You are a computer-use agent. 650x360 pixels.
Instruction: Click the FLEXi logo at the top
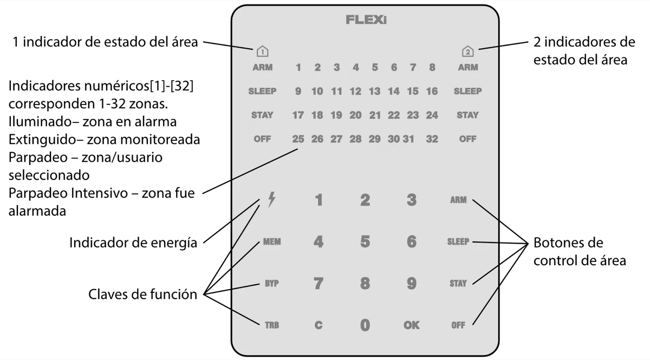pos(366,21)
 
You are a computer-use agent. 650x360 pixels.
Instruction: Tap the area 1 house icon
pos(262,53)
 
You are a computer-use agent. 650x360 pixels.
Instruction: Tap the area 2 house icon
pos(467,53)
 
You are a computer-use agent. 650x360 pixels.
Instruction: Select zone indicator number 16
pos(432,91)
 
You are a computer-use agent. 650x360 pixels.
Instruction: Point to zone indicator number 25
pos(298,139)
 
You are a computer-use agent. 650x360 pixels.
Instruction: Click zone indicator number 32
pos(432,139)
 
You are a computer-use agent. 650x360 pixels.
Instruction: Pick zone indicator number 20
pos(355,115)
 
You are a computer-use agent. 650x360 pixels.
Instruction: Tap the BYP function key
pos(271,283)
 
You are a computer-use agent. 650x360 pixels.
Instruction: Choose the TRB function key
pos(271,325)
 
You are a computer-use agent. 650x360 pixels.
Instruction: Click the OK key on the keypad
pos(411,325)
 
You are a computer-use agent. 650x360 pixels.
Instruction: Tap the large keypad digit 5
pos(365,242)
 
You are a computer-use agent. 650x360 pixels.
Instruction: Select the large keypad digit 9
pos(411,283)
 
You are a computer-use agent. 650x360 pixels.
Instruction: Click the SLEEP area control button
pos(458,242)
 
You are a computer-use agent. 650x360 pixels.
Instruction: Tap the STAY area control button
pos(458,283)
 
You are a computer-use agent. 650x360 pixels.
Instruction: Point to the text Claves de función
pos(142,295)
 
